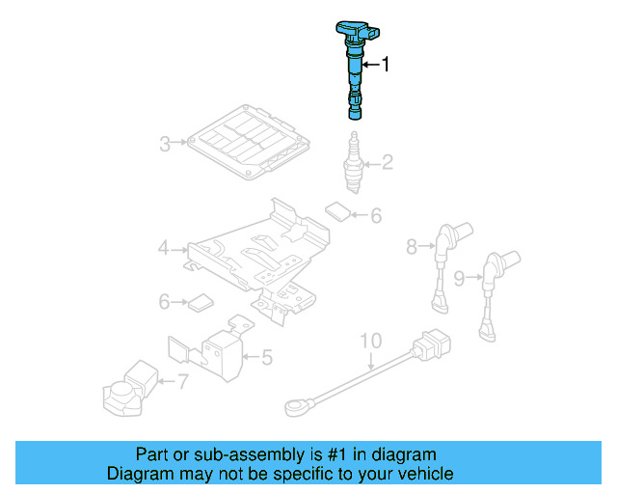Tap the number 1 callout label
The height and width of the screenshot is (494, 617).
pos(387,65)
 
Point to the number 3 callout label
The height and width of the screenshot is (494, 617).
pos(165,145)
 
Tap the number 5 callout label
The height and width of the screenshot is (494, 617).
pos(267,358)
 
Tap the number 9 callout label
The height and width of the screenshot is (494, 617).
pos(459,278)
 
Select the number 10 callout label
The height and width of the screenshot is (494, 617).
pos(371,341)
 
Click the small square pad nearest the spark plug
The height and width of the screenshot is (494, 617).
pos(336,210)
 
